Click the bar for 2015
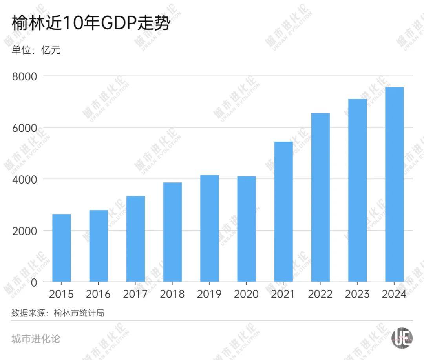click(62, 248)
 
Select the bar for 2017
click(135, 239)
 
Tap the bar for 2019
click(209, 228)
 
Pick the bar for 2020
click(247, 229)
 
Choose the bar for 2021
click(283, 212)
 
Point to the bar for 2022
click(320, 197)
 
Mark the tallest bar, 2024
click(394, 184)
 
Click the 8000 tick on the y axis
click(24, 76)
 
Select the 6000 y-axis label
click(24, 128)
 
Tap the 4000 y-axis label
click(24, 179)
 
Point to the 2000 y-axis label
click(24, 231)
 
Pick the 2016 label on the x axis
click(99, 294)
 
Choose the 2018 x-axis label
click(172, 294)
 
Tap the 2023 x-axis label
click(357, 294)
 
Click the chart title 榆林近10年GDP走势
click(91, 24)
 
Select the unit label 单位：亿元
click(36, 50)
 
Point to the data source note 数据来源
click(58, 313)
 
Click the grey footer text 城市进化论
click(36, 338)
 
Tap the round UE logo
click(402, 337)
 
